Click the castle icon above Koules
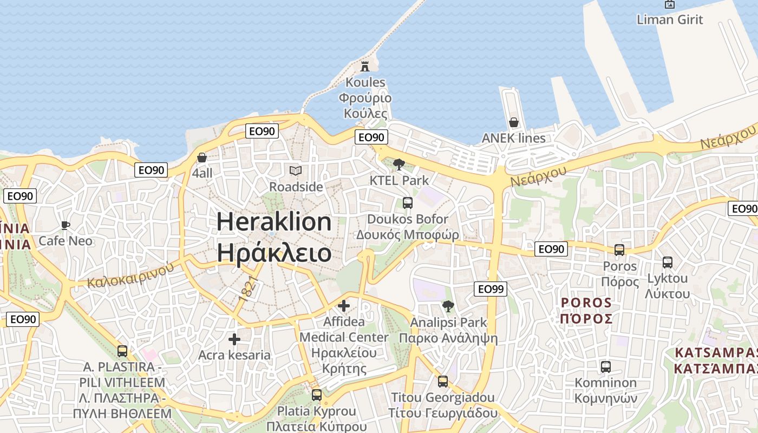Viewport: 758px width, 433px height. [365, 67]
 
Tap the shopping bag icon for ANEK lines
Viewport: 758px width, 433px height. [513, 122]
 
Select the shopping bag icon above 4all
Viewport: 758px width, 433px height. [202, 158]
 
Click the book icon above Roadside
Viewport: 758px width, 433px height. [295, 171]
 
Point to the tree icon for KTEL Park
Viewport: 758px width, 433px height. [398, 164]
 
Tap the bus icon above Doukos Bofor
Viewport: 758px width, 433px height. [407, 203]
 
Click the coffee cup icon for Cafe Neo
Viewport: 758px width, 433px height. [66, 225]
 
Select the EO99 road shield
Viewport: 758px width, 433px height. [490, 289]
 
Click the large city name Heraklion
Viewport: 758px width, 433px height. [274, 222]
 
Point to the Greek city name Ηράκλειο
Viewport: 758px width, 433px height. [274, 252]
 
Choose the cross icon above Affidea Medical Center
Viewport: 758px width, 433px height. [344, 306]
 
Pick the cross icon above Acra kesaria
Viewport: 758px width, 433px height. [234, 339]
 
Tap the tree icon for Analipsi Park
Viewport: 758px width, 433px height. [448, 306]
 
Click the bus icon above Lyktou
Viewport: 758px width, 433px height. [668, 263]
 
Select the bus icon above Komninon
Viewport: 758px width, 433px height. [606, 367]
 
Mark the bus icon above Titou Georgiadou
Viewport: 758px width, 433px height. [443, 382]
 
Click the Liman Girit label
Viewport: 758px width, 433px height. [670, 19]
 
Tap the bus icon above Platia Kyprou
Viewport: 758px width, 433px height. [317, 395]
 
